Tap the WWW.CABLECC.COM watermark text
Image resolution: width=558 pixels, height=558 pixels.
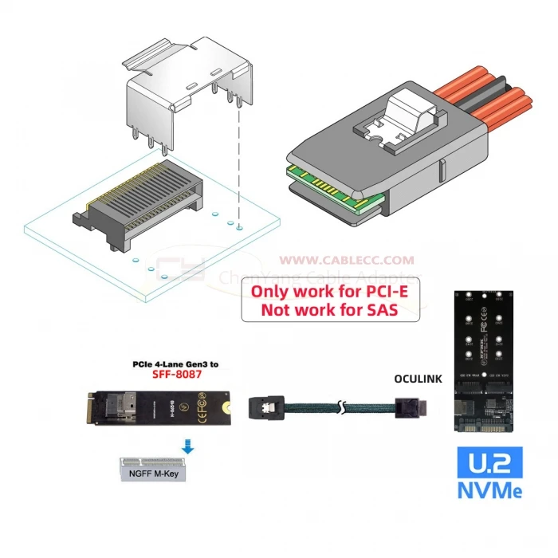pyautogui.click(x=346, y=260)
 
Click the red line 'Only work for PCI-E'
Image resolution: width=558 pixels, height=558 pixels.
pyautogui.click(x=330, y=291)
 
